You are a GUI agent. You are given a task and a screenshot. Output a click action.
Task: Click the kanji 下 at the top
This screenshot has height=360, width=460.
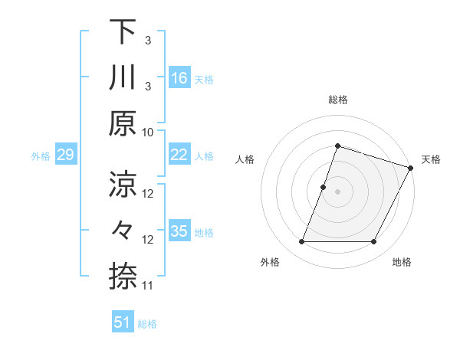(123, 32)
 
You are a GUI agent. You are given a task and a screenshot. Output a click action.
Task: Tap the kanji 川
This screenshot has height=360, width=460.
(123, 77)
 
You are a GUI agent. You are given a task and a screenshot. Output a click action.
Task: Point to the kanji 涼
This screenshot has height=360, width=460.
(123, 184)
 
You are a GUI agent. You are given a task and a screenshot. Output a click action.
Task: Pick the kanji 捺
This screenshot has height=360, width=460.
(123, 276)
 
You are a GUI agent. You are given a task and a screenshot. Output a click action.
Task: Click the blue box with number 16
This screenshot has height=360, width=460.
(179, 78)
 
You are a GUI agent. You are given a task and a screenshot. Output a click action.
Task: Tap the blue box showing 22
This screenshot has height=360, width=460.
(179, 155)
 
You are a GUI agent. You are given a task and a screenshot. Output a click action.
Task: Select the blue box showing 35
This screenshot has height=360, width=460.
(179, 232)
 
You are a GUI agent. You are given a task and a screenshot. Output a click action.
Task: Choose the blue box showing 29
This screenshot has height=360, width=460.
(65, 155)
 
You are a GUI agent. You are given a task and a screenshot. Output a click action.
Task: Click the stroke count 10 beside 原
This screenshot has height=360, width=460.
(148, 132)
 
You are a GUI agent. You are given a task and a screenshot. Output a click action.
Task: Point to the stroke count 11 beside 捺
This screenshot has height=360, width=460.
(148, 286)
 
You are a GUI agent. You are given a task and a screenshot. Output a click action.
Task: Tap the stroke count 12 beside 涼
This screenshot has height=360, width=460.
(148, 194)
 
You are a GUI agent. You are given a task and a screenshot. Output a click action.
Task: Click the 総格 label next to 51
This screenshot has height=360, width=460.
(147, 324)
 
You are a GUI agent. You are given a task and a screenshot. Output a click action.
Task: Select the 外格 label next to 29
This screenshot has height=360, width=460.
(41, 156)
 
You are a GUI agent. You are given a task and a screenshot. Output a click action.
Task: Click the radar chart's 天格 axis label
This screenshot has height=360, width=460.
(432, 159)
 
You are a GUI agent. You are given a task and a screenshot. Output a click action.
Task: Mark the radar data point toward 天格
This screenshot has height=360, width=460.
(411, 168)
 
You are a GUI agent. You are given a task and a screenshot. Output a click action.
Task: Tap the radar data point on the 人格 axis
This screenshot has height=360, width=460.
(324, 187)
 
